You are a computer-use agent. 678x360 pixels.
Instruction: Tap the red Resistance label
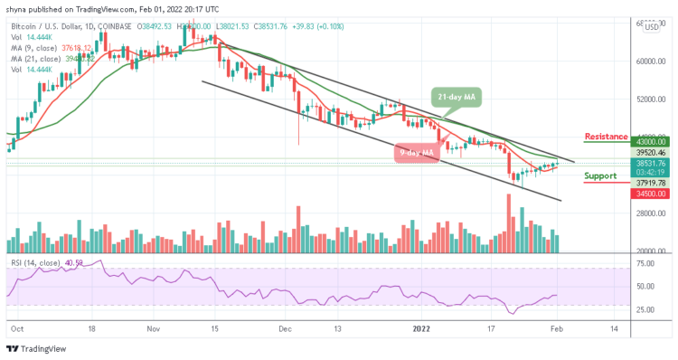point(607,137)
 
